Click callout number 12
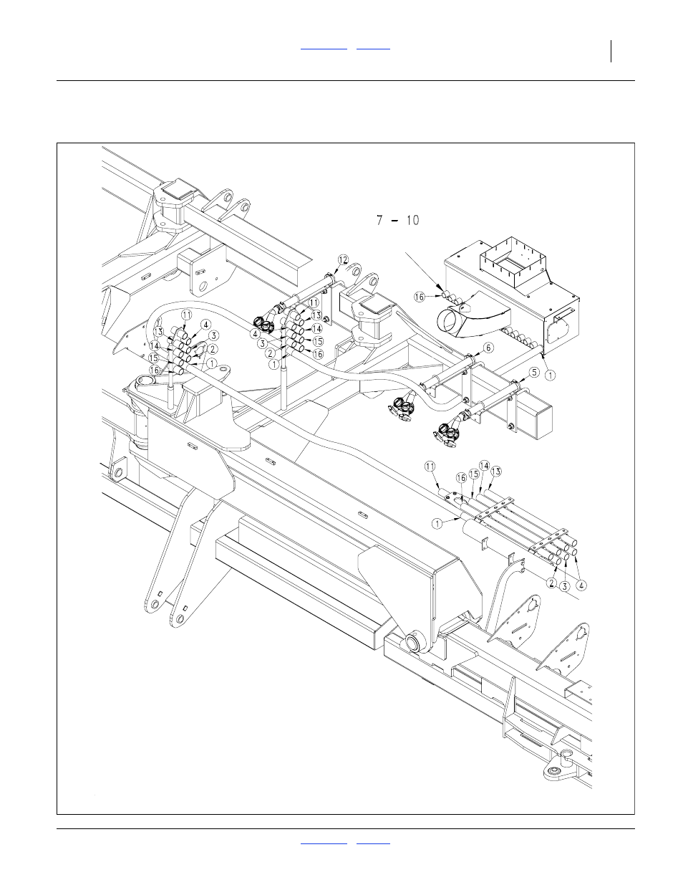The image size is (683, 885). click(344, 260)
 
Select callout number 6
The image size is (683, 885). click(488, 348)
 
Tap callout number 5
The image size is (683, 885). click(535, 372)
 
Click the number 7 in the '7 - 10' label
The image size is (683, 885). click(379, 220)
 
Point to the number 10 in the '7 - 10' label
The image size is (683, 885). click(412, 220)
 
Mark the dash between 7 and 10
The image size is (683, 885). click(394, 221)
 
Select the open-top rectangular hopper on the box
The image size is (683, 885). click(515, 261)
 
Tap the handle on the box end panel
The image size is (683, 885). click(561, 316)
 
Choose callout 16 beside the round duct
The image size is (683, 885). click(420, 297)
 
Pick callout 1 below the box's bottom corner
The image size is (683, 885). click(550, 375)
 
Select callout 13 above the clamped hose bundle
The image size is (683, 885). click(496, 472)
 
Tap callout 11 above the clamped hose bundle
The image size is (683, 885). click(430, 467)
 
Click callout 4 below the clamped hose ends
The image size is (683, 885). click(582, 585)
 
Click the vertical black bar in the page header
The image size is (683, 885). click(611, 52)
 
